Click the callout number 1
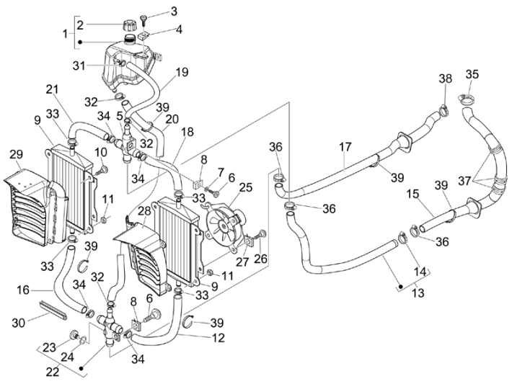tap(66, 33)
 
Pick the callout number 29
tap(15, 153)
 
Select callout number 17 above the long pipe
tap(345, 148)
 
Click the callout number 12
tap(219, 338)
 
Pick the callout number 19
tap(181, 72)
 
